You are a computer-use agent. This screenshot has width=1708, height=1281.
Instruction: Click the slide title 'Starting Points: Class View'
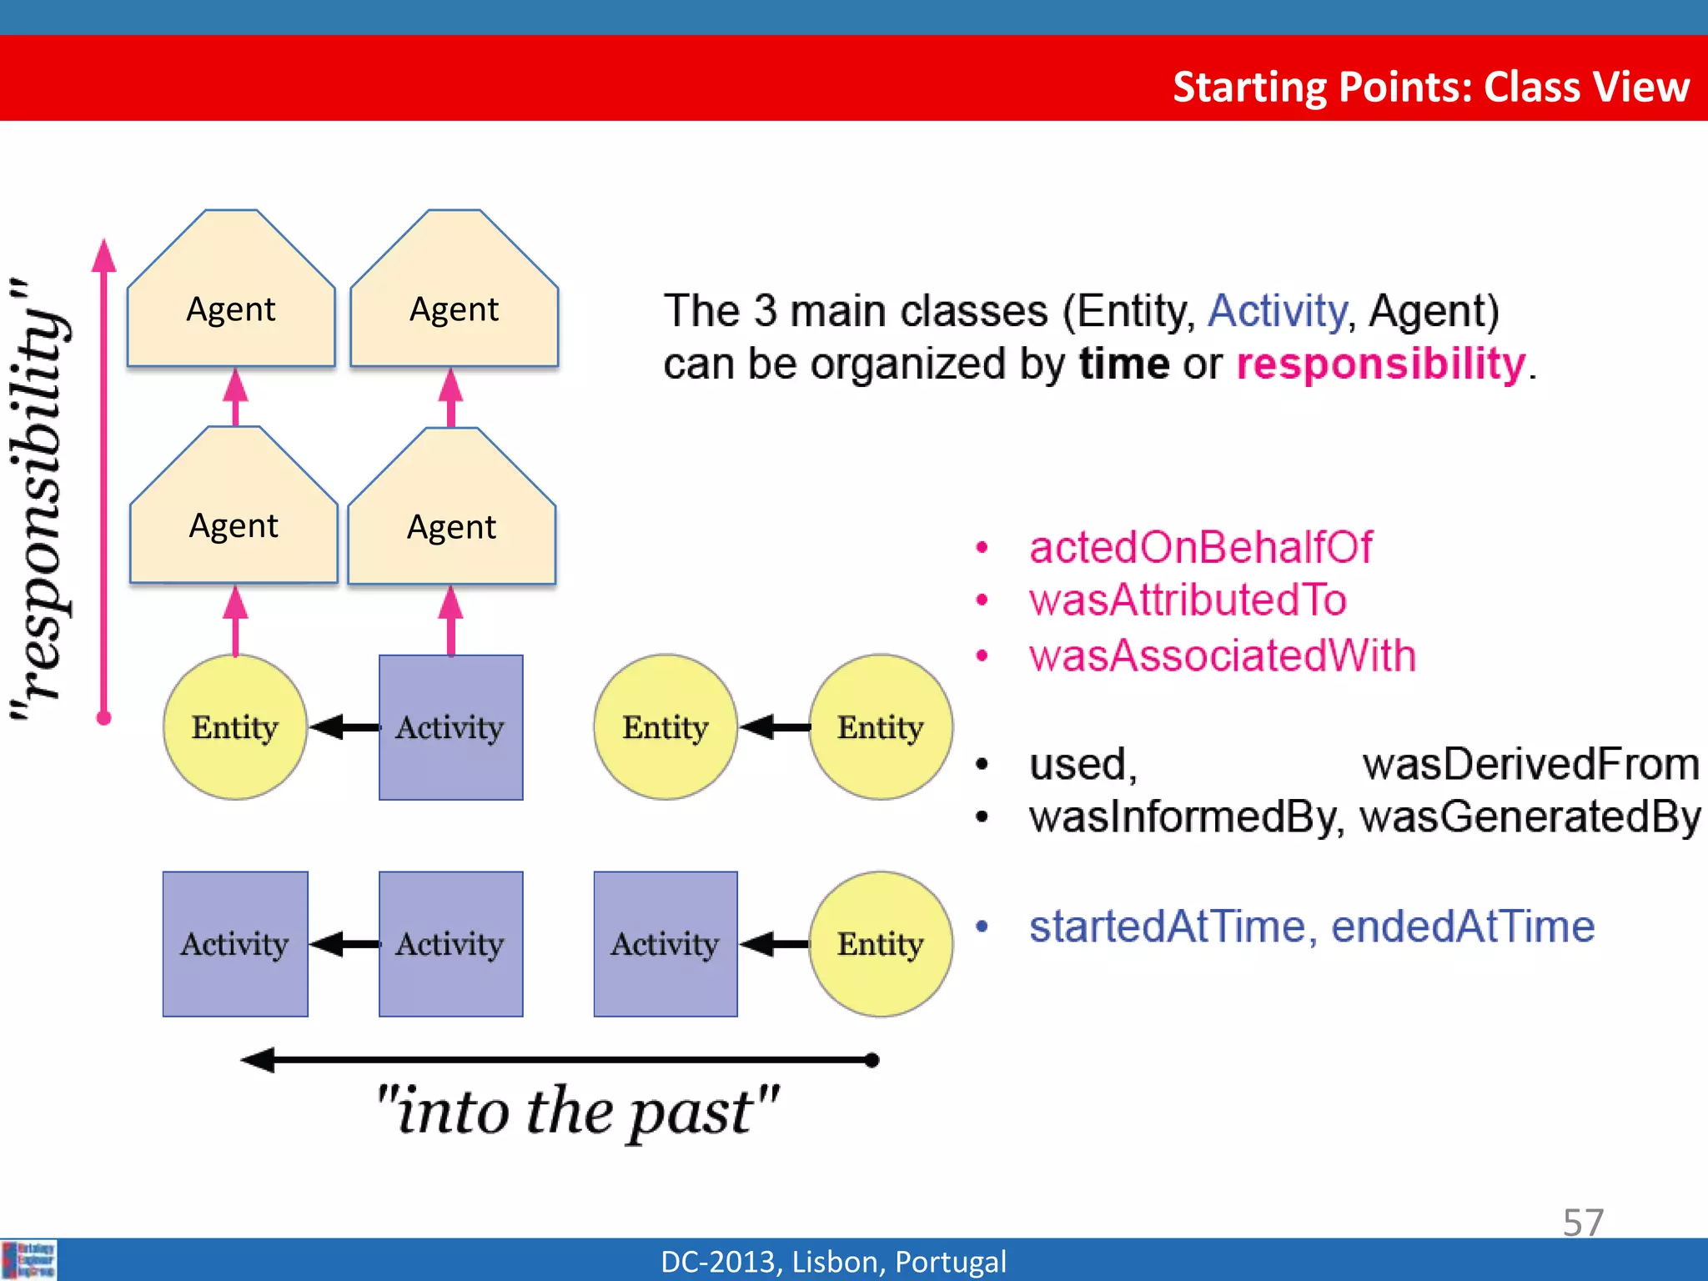[x=1430, y=87]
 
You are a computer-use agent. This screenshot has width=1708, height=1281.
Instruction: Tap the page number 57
[x=1582, y=1223]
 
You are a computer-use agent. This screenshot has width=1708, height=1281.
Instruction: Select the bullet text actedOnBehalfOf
[x=1200, y=548]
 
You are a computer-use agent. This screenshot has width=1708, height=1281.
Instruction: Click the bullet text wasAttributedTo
[x=1188, y=600]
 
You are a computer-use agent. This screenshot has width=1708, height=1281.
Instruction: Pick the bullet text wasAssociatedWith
[x=1223, y=656]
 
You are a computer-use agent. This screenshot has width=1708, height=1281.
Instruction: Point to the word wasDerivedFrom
[x=1530, y=764]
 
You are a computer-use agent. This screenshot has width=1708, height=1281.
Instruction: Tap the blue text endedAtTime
[x=1463, y=927]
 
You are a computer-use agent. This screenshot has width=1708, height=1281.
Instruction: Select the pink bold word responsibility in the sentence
[x=1380, y=364]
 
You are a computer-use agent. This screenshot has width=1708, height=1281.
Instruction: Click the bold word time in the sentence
[x=1124, y=364]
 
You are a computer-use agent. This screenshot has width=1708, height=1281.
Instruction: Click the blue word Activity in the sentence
[x=1277, y=311]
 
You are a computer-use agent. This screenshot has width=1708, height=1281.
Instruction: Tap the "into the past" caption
[x=577, y=1111]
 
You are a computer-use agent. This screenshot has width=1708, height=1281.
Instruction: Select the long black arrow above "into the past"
[x=559, y=1060]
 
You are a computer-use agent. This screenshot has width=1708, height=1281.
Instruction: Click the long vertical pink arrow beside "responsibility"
[x=104, y=480]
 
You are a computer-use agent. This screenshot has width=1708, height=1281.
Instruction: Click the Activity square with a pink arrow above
[x=451, y=727]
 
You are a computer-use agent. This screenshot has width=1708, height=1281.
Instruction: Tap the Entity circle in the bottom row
[x=881, y=944]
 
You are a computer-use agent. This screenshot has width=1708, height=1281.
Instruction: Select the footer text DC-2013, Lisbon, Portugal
[x=833, y=1261]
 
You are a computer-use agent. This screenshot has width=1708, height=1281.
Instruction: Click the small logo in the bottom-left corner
[x=29, y=1260]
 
